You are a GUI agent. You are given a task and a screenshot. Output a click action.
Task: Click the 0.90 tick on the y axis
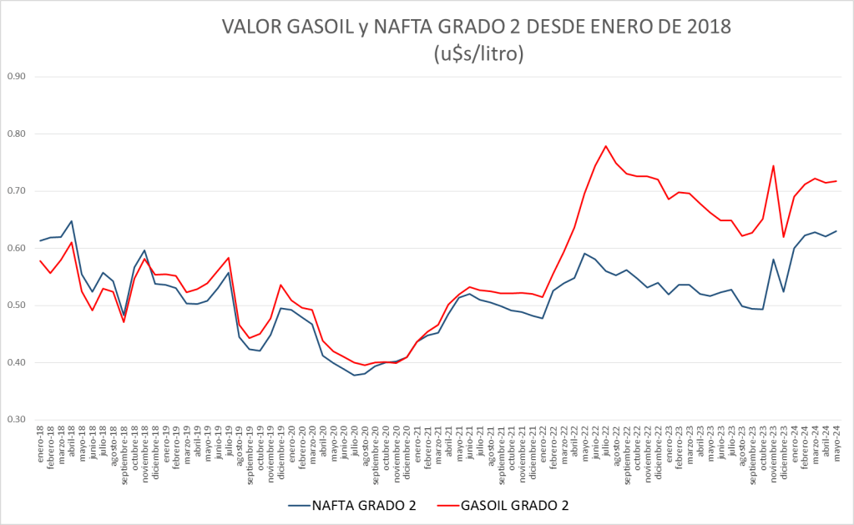tap(17, 77)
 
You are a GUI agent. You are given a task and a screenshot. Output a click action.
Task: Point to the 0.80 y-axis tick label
tap(17, 134)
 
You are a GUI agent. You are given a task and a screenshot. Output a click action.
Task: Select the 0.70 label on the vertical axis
tap(17, 191)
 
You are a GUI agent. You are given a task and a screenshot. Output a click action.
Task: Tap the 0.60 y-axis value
tap(17, 249)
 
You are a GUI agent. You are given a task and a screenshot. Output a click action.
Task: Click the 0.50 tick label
tap(17, 305)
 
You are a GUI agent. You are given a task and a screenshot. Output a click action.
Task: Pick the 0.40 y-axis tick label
tap(17, 363)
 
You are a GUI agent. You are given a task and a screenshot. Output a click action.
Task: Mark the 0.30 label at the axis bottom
tap(17, 420)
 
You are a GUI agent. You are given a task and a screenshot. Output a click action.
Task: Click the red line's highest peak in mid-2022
tap(605, 146)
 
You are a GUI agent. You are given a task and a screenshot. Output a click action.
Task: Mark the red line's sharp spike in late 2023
tap(773, 165)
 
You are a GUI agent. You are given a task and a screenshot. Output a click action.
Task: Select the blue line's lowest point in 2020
tap(354, 375)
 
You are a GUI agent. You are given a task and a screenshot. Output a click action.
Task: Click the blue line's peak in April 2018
tap(72, 221)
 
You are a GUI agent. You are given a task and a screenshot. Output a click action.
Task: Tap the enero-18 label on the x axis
tap(40, 444)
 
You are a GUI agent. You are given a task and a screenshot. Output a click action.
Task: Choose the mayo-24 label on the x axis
tap(836, 442)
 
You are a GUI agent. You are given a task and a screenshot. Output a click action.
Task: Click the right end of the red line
tap(836, 181)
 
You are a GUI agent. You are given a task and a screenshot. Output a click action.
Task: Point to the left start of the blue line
tap(40, 240)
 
